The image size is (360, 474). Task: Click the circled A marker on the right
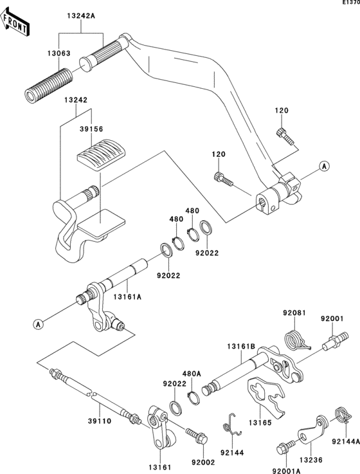click(x=325, y=166)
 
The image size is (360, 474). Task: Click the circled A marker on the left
click(x=39, y=324)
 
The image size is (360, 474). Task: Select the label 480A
click(x=192, y=374)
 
